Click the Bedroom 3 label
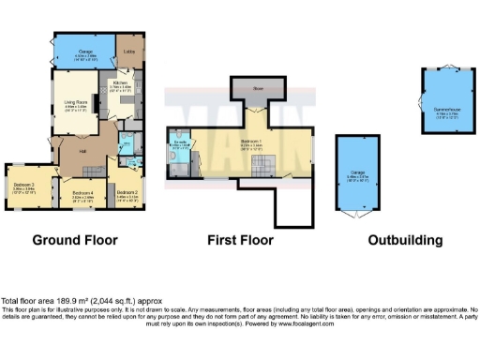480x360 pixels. click(24, 185)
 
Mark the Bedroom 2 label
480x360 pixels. click(127, 192)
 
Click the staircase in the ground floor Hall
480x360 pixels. click(92, 169)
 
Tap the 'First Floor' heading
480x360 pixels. click(240, 240)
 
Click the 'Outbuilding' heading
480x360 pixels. click(404, 240)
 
